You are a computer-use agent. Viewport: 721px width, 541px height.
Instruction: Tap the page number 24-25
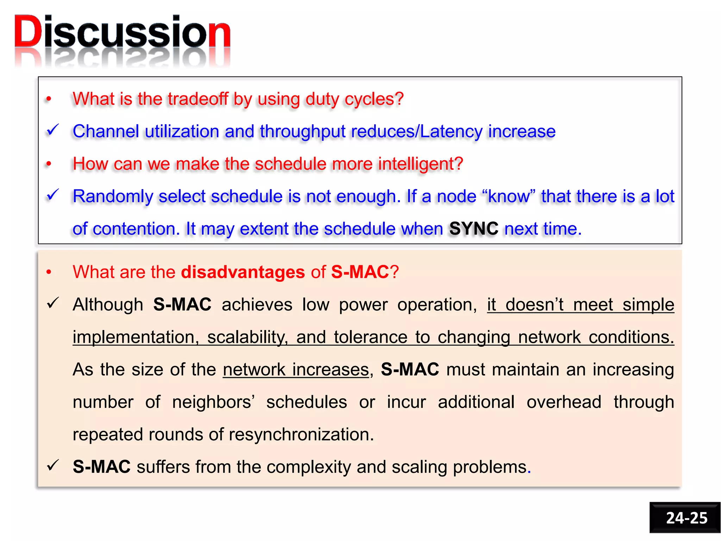point(686,518)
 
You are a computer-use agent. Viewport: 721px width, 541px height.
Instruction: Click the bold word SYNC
point(474,229)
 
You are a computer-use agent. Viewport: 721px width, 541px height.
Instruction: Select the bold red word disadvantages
point(243,272)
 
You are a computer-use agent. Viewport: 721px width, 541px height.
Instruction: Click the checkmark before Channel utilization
point(53,130)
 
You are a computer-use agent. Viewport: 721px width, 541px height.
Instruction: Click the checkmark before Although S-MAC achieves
point(53,303)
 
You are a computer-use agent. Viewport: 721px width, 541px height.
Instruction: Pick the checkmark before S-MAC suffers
point(53,466)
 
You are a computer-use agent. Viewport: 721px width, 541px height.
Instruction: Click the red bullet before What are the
point(49,272)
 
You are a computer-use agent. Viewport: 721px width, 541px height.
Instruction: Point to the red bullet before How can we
point(49,164)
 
